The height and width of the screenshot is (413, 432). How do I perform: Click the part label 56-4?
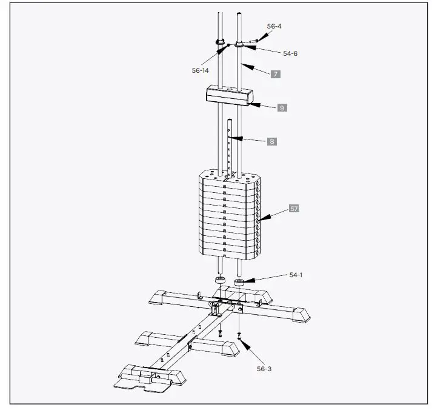[274, 26]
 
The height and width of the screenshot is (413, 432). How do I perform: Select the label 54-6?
[290, 53]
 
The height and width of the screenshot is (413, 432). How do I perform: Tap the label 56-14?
[200, 70]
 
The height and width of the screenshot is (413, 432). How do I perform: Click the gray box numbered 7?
[275, 74]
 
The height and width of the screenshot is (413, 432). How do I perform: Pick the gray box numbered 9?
[282, 107]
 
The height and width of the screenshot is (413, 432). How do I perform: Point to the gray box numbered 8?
[272, 141]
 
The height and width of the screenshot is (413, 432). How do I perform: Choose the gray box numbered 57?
[294, 209]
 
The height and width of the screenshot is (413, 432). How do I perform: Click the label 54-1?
[296, 275]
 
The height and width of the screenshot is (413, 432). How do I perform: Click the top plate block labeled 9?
[228, 95]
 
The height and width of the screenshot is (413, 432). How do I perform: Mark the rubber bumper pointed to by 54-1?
[239, 281]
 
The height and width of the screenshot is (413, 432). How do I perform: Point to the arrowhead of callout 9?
[250, 104]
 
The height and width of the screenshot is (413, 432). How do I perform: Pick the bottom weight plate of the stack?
[228, 250]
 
